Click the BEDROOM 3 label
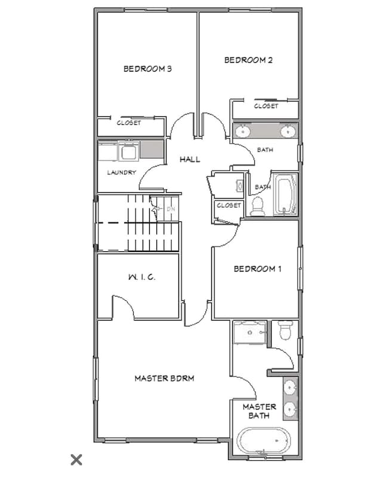click(x=147, y=69)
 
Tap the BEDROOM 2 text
click(x=248, y=60)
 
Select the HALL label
click(x=190, y=159)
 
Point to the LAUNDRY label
click(x=121, y=172)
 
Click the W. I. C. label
click(x=141, y=278)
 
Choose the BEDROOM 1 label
click(x=257, y=269)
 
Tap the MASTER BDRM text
click(x=164, y=378)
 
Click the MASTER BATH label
click(x=259, y=411)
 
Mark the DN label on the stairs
click(x=170, y=209)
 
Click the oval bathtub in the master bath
click(x=263, y=442)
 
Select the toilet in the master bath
click(x=285, y=329)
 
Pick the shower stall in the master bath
click(x=250, y=332)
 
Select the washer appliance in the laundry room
click(x=128, y=152)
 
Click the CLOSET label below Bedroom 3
click(x=129, y=123)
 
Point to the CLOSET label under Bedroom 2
click(x=266, y=106)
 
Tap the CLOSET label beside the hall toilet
click(x=229, y=205)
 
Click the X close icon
click(x=76, y=459)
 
